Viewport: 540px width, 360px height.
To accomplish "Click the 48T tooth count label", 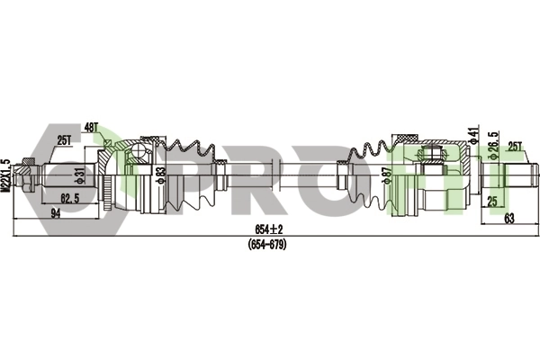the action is pyautogui.click(x=91, y=129).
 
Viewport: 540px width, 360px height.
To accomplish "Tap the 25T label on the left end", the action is pyautogui.click(x=64, y=140).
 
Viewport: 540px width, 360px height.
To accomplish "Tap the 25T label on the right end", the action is pyautogui.click(x=515, y=147).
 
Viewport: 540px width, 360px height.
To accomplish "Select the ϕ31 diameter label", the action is pyautogui.click(x=79, y=175).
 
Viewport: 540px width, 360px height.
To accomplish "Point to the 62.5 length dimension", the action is pyautogui.click(x=70, y=198).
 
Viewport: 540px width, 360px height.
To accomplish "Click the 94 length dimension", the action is pyautogui.click(x=56, y=213).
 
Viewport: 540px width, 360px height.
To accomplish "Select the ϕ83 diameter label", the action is pyautogui.click(x=161, y=175).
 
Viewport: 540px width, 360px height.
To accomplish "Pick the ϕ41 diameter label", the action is pyautogui.click(x=475, y=135).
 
